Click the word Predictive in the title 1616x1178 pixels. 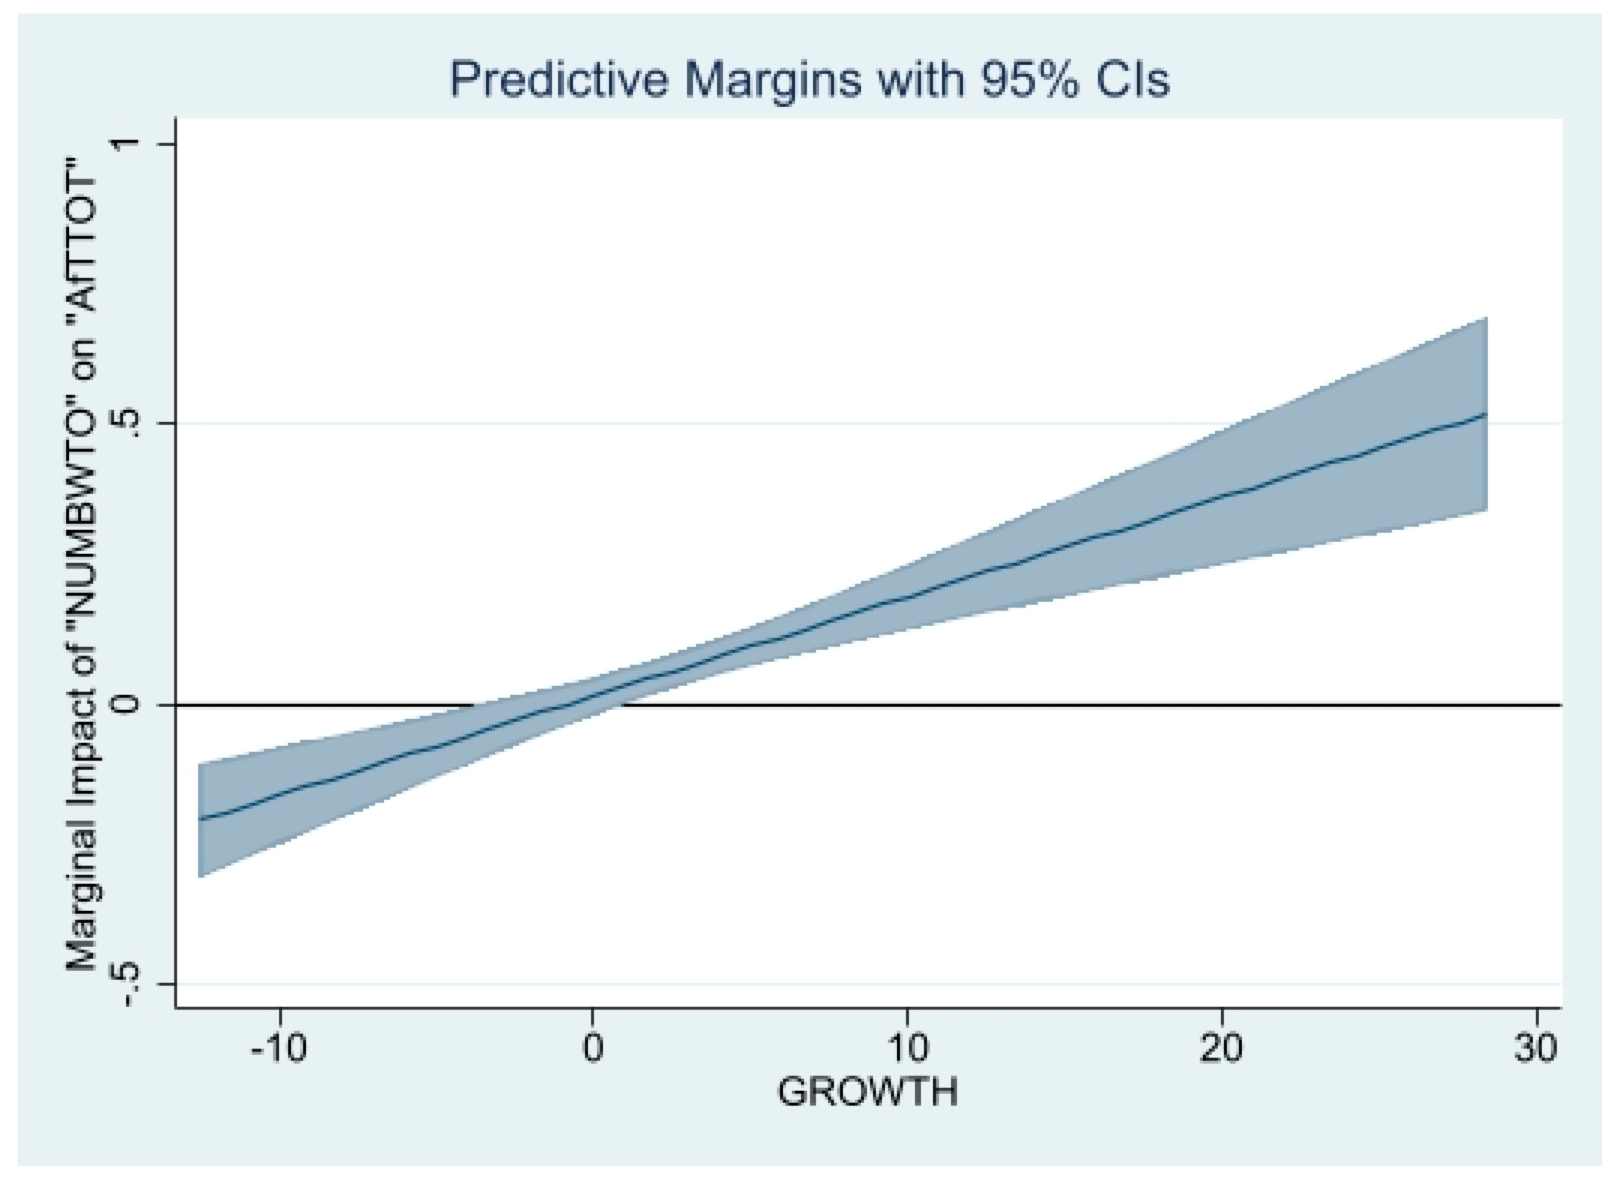click(559, 79)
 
